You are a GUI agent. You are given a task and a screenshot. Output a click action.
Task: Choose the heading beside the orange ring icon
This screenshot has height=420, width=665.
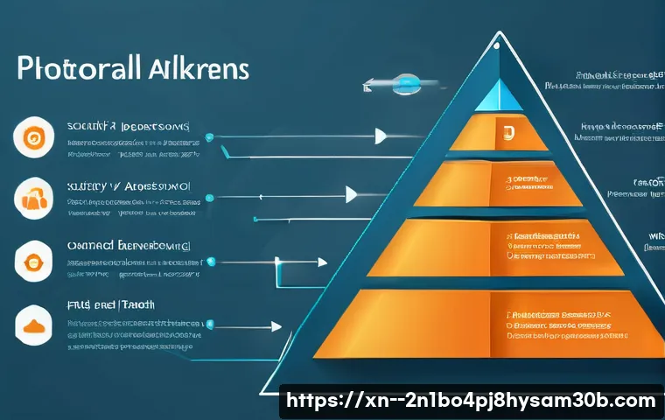click(x=127, y=127)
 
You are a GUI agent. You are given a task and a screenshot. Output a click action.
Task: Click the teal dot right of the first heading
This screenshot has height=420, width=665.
click(x=208, y=136)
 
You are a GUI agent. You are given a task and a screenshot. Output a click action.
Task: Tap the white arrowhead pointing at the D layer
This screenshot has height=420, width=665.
click(x=381, y=136)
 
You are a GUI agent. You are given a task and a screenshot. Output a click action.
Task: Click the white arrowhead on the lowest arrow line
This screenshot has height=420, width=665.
click(x=276, y=326)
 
